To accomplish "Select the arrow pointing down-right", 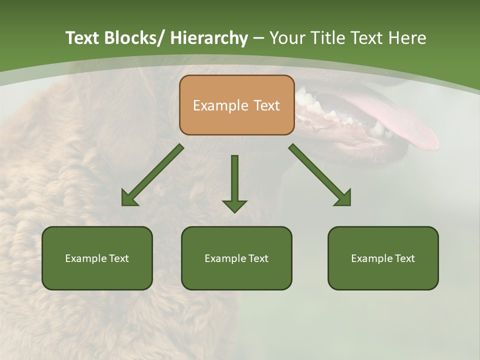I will click(x=320, y=176).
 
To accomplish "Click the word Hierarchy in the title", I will click(x=209, y=38).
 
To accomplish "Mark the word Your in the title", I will click(x=286, y=38).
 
